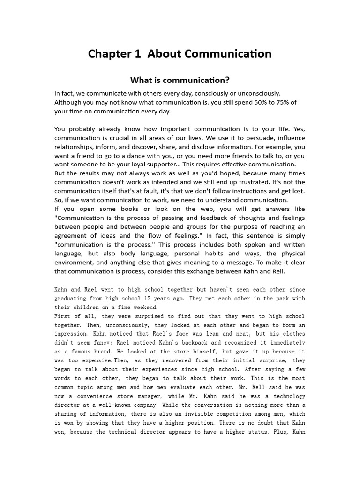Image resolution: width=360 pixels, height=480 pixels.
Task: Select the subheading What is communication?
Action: pyautogui.click(x=180, y=80)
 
